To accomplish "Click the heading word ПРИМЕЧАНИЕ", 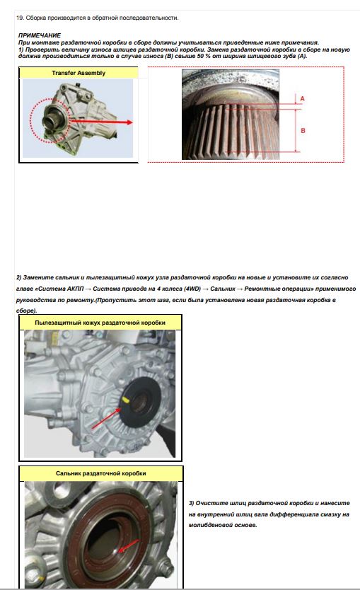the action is tap(40, 35).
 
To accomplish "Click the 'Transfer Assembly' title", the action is tap(79, 73).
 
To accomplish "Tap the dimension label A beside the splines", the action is tap(303, 98).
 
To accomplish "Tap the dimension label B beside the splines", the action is tap(303, 131).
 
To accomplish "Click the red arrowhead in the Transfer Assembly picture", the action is tap(129, 122).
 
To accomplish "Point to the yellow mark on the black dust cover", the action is tap(126, 400).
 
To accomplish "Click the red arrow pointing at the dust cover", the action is tap(107, 418).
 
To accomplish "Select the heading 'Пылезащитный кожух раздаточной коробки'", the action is tap(100, 323).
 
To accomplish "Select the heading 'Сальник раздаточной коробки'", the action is tap(101, 473).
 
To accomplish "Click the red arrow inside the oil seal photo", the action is tap(128, 546).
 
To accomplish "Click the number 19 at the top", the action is tap(20, 18).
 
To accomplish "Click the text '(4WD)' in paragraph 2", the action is tap(192, 289).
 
